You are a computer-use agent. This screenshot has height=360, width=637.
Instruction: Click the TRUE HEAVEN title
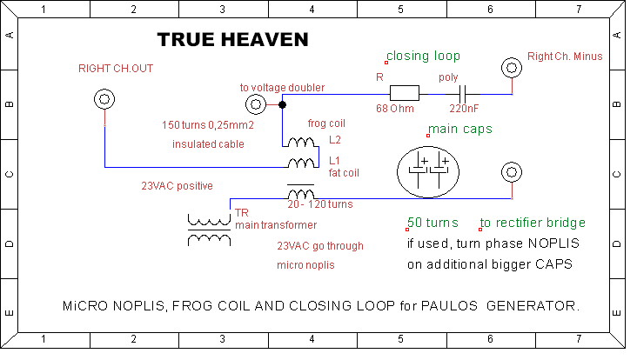(x=232, y=40)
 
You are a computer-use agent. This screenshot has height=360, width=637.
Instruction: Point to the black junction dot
(x=282, y=104)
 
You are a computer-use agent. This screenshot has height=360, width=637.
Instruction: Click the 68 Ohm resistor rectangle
(x=405, y=93)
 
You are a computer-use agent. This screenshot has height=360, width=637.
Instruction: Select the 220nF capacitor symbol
(x=463, y=94)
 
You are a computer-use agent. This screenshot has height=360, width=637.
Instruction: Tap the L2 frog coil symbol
(x=300, y=143)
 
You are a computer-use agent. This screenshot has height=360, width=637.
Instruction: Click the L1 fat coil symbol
(x=301, y=163)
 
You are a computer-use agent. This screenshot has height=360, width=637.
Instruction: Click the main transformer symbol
(x=209, y=230)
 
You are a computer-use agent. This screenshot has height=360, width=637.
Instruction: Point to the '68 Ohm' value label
(x=395, y=109)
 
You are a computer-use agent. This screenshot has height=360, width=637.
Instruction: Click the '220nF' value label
(x=464, y=109)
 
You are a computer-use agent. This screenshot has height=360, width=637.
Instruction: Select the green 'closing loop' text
(x=423, y=56)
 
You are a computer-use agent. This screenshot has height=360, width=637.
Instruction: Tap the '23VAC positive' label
(x=178, y=186)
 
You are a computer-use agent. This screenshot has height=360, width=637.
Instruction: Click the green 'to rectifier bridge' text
(x=533, y=223)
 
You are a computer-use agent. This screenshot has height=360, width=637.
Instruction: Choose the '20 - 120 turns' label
(x=320, y=204)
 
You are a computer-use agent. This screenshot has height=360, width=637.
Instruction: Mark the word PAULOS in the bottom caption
(x=449, y=305)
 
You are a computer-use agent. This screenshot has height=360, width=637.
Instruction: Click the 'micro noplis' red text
(x=305, y=265)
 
